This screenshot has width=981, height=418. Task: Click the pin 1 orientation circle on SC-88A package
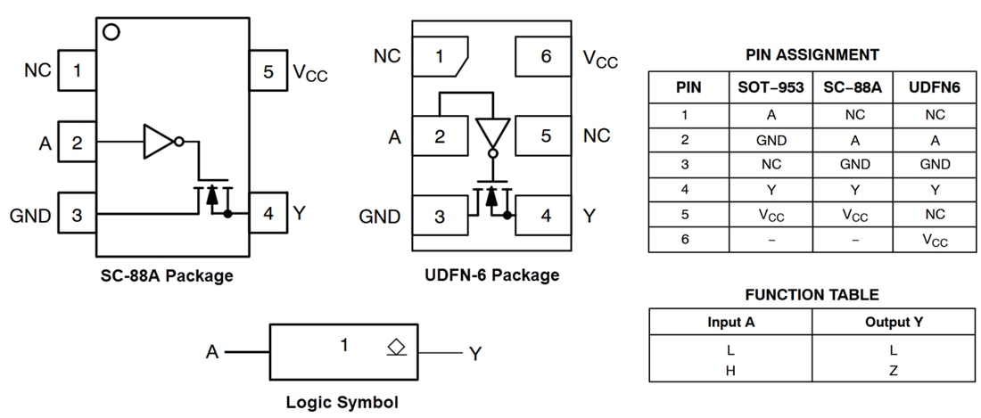pyautogui.click(x=111, y=32)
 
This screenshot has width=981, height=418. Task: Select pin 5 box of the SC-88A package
pyautogui.click(x=268, y=71)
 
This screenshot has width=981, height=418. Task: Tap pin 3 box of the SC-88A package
pyautogui.click(x=78, y=214)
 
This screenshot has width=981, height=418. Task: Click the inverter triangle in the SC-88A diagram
pyautogui.click(x=160, y=141)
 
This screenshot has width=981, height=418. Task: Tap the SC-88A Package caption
pyautogui.click(x=167, y=275)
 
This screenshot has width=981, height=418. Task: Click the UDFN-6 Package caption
pyautogui.click(x=492, y=275)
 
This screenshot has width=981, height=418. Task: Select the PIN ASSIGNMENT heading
pyautogui.click(x=812, y=55)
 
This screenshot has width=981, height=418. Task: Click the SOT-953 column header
pyautogui.click(x=771, y=87)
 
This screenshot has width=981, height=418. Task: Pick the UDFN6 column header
pyautogui.click(x=935, y=87)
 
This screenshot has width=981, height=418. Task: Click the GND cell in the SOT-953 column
pyautogui.click(x=771, y=140)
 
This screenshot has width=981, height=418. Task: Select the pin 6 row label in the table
pyautogui.click(x=684, y=240)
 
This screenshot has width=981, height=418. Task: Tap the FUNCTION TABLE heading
pyautogui.click(x=812, y=295)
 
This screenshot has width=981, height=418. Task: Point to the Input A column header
pyautogui.click(x=730, y=322)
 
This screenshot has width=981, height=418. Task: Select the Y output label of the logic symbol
pyautogui.click(x=475, y=354)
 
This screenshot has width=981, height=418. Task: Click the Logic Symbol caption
pyautogui.click(x=342, y=402)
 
